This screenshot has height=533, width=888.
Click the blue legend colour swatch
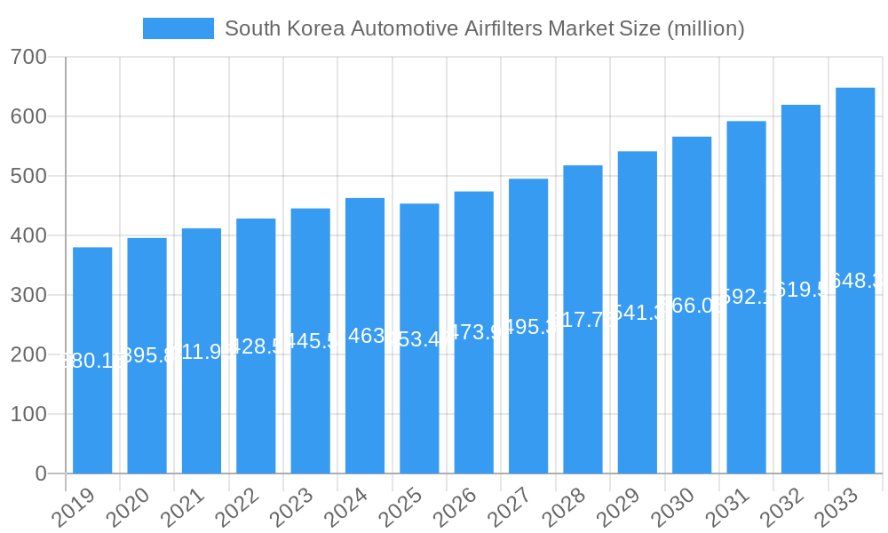[x=178, y=28]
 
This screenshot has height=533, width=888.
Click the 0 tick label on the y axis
[x=41, y=473]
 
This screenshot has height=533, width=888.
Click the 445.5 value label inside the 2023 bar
[x=310, y=341]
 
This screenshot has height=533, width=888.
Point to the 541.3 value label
[x=638, y=313]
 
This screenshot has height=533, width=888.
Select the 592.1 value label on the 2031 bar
[x=746, y=297]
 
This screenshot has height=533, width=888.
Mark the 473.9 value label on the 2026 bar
[x=473, y=332]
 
